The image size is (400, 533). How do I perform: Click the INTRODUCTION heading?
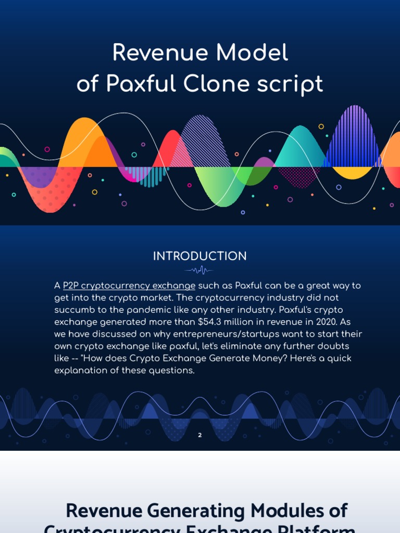point(200,256)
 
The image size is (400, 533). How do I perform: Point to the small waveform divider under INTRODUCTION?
point(199,270)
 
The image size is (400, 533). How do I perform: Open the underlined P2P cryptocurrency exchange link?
point(129,286)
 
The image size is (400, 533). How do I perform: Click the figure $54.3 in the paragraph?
point(212,322)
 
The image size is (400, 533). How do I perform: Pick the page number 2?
point(200,435)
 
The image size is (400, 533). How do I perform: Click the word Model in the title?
point(256,53)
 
